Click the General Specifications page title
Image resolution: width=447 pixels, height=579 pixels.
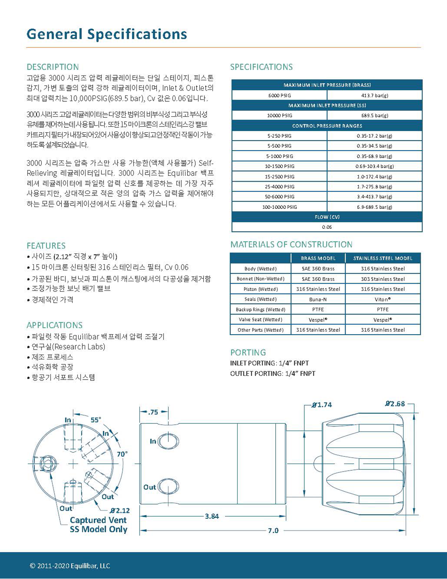click(x=107, y=34)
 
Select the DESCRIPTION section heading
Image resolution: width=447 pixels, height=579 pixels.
click(x=53, y=67)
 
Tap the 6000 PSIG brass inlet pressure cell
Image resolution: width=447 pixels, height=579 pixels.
click(x=279, y=96)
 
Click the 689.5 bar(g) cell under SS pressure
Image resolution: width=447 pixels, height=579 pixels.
click(x=375, y=116)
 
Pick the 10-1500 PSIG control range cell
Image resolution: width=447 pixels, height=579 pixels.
click(x=279, y=166)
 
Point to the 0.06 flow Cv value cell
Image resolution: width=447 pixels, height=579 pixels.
click(x=327, y=227)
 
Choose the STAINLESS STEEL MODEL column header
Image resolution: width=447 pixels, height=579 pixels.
click(x=382, y=258)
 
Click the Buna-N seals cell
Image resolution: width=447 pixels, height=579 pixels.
click(x=318, y=299)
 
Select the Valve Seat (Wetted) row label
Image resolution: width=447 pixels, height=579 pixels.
click(x=260, y=320)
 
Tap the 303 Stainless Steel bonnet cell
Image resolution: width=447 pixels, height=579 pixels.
click(x=382, y=279)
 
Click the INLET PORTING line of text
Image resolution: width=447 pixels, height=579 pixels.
click(x=269, y=363)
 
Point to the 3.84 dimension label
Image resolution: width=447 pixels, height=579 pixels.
click(x=212, y=516)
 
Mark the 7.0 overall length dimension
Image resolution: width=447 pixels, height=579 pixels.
click(x=273, y=531)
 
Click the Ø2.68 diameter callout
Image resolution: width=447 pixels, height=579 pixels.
click(x=395, y=404)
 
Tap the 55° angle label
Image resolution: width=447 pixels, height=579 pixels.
click(x=96, y=420)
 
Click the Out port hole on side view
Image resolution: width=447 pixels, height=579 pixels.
click(x=168, y=487)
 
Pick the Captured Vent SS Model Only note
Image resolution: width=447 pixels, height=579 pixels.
click(x=99, y=525)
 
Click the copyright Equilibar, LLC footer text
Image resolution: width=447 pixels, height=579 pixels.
click(x=70, y=566)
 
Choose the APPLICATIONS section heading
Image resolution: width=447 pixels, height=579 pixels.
click(x=55, y=325)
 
